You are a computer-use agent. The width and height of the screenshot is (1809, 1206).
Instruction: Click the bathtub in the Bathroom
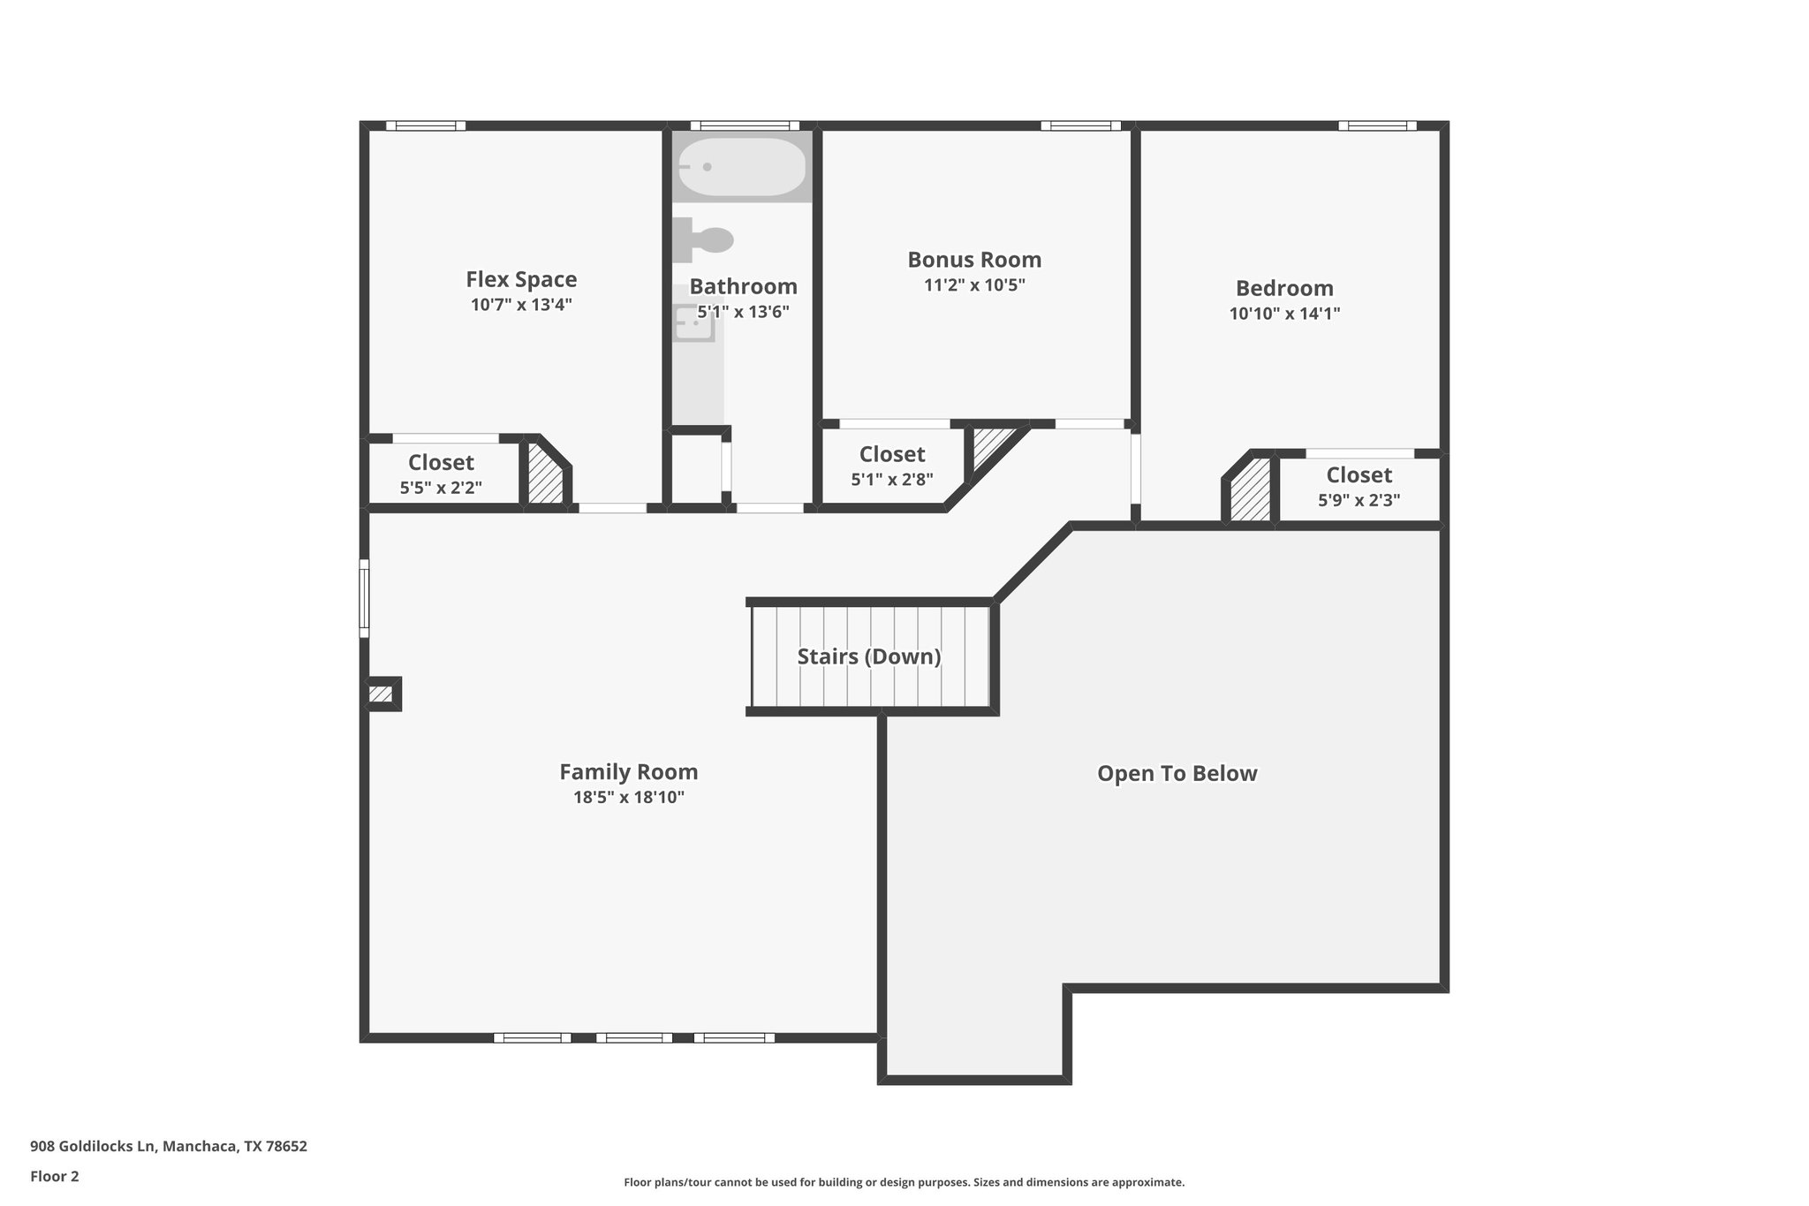click(742, 167)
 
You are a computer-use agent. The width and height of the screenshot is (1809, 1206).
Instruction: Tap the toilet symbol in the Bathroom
click(705, 239)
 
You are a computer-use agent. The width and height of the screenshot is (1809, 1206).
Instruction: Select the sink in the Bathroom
click(693, 323)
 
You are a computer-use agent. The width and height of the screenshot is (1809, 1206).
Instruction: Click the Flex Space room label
click(521, 280)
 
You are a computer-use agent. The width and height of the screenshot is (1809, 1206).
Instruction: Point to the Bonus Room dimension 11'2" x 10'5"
click(974, 285)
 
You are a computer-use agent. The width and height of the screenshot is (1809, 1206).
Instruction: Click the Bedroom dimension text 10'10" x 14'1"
click(1284, 314)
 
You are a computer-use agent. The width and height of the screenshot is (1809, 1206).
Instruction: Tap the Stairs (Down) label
click(868, 656)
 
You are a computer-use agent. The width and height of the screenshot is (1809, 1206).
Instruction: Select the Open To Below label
click(1177, 774)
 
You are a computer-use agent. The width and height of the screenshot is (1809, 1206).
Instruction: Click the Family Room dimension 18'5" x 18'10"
click(628, 798)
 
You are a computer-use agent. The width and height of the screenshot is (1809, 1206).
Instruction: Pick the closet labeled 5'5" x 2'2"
click(441, 474)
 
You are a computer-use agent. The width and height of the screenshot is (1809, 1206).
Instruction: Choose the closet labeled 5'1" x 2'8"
click(892, 466)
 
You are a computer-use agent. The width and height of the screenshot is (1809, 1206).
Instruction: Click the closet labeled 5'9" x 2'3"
click(1359, 487)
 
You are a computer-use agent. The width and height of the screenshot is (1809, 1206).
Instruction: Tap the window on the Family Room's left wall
click(364, 598)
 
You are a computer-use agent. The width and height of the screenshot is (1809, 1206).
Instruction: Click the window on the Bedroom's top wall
click(1376, 126)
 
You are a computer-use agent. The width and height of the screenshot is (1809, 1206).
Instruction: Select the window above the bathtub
click(744, 126)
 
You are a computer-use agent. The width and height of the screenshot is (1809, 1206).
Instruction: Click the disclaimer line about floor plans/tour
click(904, 1182)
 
